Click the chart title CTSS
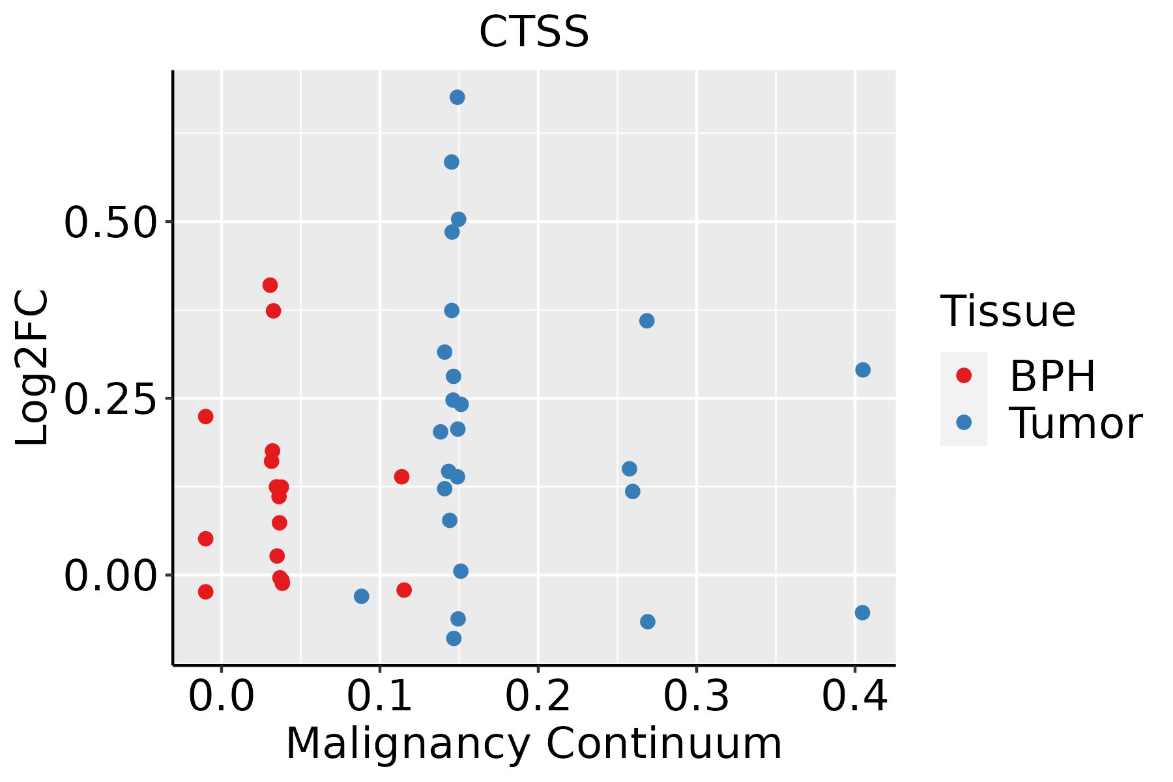pos(534,32)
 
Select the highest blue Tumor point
pos(457,97)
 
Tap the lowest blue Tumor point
pos(454,638)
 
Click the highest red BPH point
pos(270,285)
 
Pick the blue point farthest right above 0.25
pos(863,370)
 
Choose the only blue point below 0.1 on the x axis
pos(362,596)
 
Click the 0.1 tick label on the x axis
pos(380,696)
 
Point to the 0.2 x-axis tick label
pos(538,696)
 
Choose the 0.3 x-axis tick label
pos(697,696)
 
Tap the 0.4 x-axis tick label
pos(855,696)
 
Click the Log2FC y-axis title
pos(33,368)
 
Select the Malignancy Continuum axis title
pos(534,744)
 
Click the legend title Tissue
pos(1008,311)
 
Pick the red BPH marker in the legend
pos(964,375)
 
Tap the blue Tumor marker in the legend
pos(964,422)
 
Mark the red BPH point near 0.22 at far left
pos(206,416)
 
